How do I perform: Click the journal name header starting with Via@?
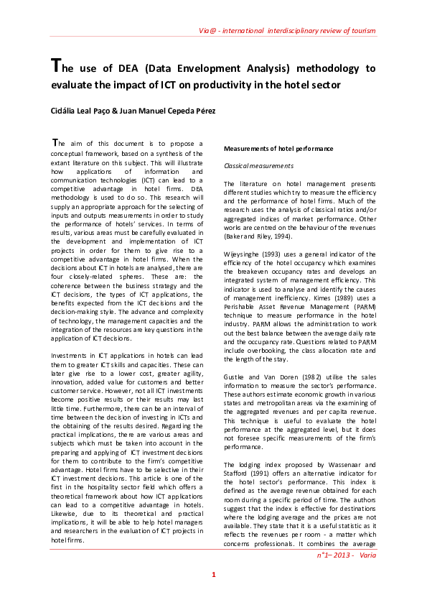[287, 31]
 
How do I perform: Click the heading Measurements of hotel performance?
[278, 149]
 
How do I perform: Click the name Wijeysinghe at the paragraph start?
[244, 253]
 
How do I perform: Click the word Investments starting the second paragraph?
[70, 356]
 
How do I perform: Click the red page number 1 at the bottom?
[213, 575]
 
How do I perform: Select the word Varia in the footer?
[366, 556]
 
